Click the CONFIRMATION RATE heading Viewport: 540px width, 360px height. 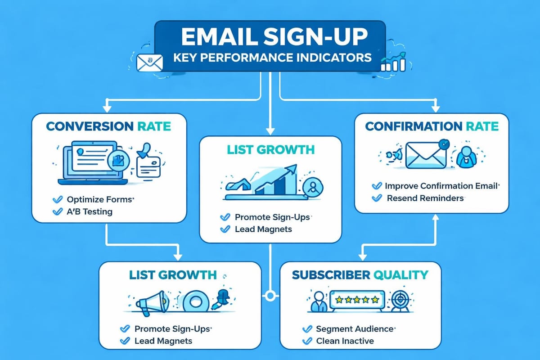click(x=432, y=126)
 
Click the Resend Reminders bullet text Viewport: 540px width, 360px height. click(x=425, y=198)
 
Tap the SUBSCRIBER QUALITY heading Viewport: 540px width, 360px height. click(x=360, y=274)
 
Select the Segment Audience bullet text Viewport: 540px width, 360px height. click(x=355, y=329)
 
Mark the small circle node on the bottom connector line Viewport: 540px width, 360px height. click(x=270, y=296)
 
